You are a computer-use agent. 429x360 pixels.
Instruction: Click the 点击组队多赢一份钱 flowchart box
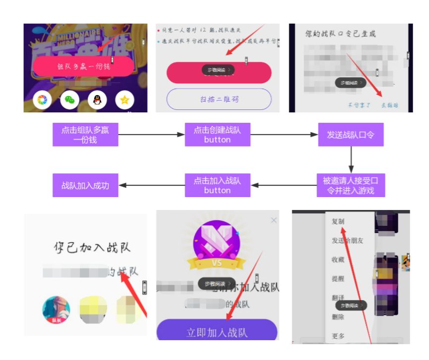85,135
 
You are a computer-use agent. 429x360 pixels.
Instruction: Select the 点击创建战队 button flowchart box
217,135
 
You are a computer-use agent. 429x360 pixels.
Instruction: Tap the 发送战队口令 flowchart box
351,135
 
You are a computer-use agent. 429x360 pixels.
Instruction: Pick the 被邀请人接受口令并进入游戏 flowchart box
351,185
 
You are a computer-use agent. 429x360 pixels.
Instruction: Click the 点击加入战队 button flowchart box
217,185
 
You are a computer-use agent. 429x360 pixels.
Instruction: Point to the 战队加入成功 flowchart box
85,185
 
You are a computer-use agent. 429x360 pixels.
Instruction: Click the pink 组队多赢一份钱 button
83,66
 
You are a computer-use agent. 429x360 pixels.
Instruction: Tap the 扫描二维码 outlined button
219,99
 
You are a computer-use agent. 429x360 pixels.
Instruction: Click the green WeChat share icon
70,100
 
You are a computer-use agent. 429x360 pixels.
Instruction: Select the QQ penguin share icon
97,100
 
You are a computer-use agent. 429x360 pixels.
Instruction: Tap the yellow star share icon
124,100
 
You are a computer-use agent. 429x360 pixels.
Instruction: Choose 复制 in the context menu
338,222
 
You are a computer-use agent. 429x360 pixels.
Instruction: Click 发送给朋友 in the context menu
347,241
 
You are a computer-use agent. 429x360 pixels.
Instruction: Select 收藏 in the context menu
338,259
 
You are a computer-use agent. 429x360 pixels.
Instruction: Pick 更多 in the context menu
338,336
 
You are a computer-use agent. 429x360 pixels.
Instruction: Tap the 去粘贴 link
389,105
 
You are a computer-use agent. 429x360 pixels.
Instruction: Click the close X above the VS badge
274,220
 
